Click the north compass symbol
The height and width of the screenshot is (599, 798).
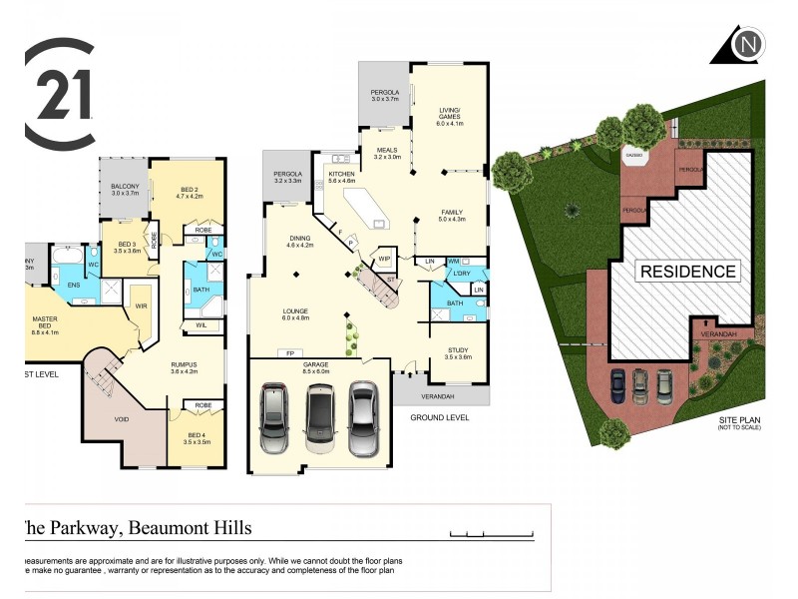click(746, 46)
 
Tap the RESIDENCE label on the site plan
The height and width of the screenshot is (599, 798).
click(688, 271)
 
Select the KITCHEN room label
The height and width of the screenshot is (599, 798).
click(342, 177)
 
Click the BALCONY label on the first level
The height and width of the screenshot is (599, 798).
click(125, 188)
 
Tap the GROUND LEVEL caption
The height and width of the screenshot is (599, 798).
click(440, 415)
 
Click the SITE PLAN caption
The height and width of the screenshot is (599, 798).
click(739, 421)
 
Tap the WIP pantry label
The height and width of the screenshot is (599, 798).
click(384, 259)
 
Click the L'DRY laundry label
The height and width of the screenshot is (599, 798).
click(461, 274)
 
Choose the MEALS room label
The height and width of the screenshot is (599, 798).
click(387, 152)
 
